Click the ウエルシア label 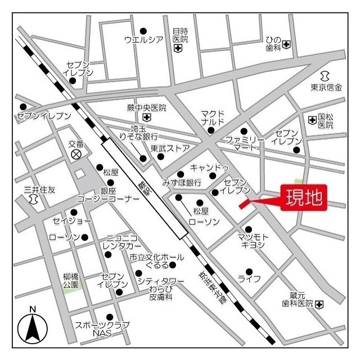[143, 39]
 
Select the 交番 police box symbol [75, 154]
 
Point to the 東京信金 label [326, 87]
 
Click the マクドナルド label [213, 118]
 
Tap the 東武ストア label [170, 149]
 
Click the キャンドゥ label [209, 168]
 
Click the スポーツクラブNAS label [102, 329]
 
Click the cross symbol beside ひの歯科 [286, 44]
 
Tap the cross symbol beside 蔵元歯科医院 [319, 304]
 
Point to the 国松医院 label [325, 120]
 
